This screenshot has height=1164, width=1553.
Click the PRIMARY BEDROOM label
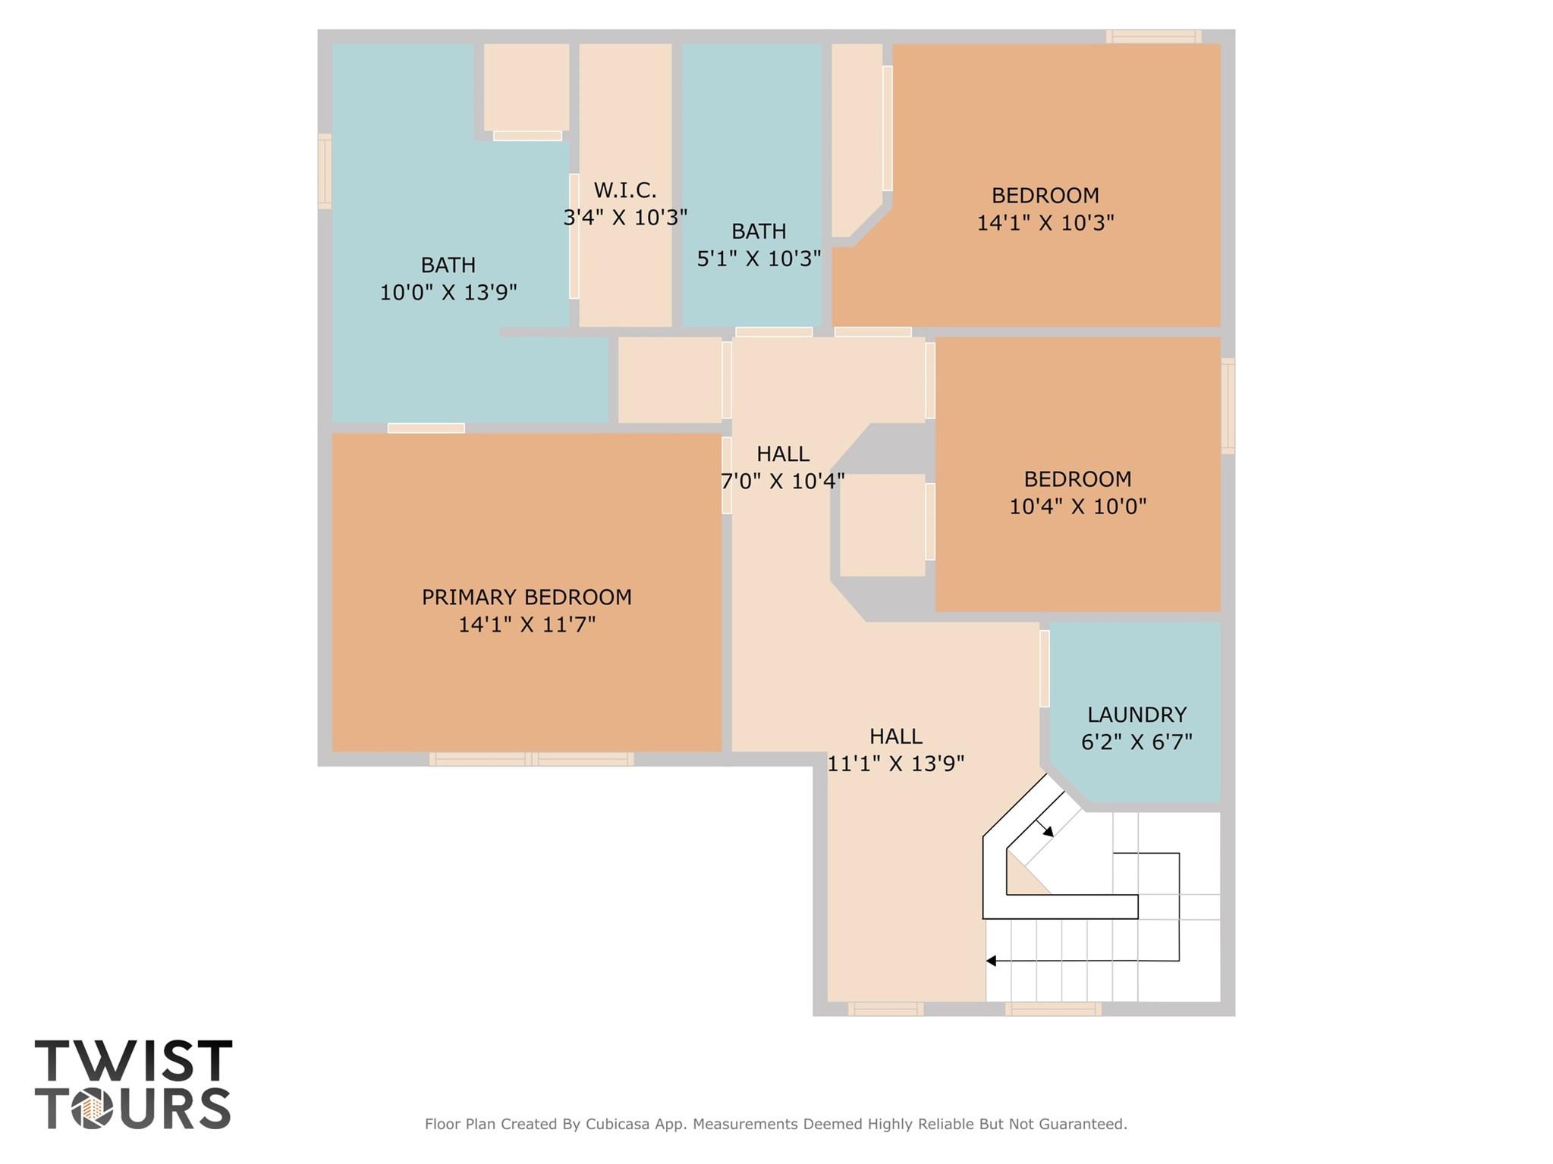tap(527, 598)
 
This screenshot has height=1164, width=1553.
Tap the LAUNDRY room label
tap(1136, 714)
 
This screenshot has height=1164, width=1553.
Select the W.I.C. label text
tap(625, 190)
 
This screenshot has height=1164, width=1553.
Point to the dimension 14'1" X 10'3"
tap(1045, 223)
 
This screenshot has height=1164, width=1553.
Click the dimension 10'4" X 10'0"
tap(1077, 507)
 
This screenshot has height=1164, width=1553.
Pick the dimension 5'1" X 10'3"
tap(759, 259)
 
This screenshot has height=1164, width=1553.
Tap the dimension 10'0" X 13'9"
tap(448, 292)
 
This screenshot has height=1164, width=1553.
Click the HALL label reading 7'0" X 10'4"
tap(783, 453)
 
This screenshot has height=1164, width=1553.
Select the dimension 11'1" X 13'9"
tap(895, 764)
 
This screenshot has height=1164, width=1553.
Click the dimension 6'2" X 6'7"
tap(1136, 742)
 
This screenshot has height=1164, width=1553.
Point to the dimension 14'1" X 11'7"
tap(527, 625)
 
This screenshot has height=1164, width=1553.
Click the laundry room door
tap(1045, 668)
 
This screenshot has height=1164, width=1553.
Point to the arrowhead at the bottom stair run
tap(991, 961)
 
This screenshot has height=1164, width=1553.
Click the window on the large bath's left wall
tap(325, 171)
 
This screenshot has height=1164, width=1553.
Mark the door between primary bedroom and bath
tap(426, 428)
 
